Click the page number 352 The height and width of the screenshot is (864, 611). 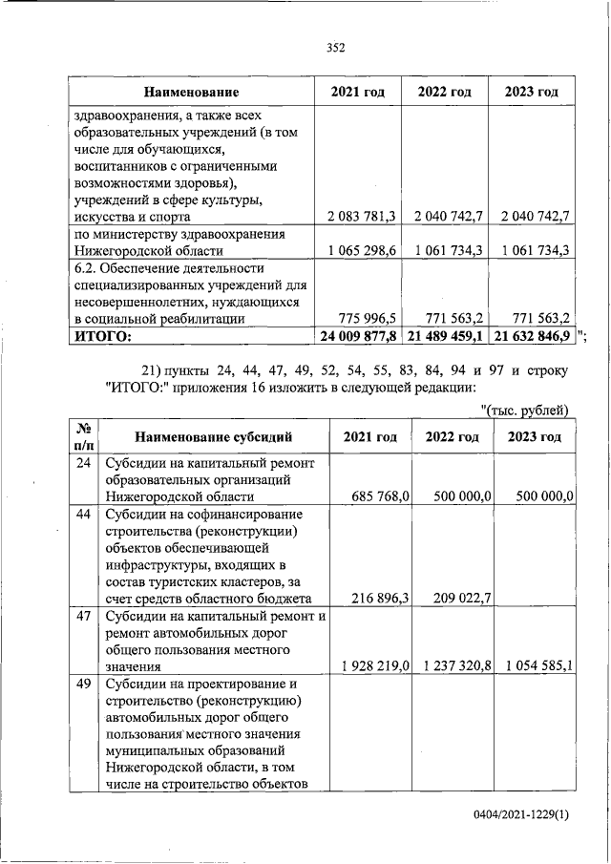coord(334,47)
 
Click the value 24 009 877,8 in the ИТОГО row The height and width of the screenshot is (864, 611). coord(358,336)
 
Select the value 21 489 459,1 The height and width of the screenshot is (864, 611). coord(445,336)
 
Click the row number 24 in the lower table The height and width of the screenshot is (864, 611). coord(83,463)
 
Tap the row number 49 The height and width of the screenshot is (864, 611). coord(83,684)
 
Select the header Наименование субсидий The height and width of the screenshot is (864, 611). coord(213,437)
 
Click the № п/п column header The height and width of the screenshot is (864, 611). coord(83,437)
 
